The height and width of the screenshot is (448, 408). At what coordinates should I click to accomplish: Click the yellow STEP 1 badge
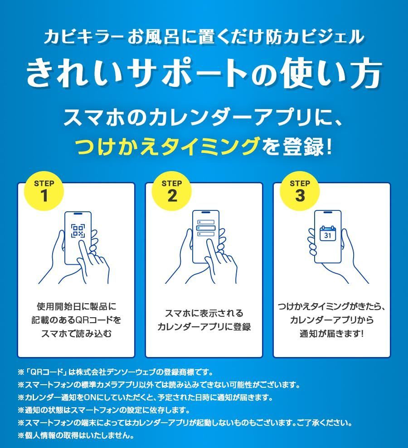click(44, 191)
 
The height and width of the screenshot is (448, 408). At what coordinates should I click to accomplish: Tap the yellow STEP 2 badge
click(172, 191)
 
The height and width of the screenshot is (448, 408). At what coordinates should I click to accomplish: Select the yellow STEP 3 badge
click(300, 191)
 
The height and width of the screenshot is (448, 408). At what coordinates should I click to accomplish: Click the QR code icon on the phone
click(78, 231)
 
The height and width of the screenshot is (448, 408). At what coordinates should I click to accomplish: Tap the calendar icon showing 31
click(328, 234)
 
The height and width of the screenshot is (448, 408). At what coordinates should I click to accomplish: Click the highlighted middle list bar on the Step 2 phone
click(205, 228)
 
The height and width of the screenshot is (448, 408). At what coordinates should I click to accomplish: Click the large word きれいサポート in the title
click(137, 73)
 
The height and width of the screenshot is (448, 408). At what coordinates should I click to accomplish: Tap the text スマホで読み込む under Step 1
click(76, 334)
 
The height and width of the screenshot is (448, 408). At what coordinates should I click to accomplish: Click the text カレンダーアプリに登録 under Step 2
click(204, 327)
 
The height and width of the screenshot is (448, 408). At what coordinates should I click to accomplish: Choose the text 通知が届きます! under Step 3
click(331, 334)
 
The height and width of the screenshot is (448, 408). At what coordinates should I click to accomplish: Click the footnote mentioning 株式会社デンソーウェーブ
click(116, 372)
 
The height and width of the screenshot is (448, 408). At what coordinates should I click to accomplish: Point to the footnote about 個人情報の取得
click(76, 435)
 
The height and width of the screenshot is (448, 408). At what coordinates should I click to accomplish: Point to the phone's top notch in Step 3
click(328, 212)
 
